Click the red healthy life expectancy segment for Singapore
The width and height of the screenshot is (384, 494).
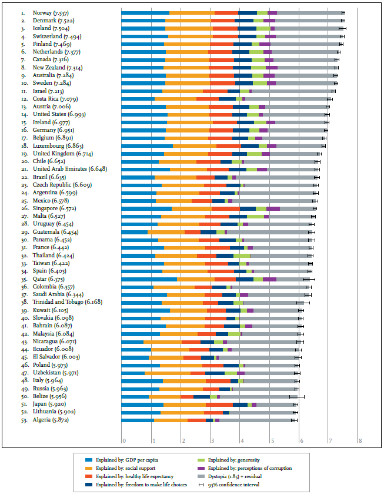pos(225,208)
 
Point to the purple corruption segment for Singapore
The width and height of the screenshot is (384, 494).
pos(273,208)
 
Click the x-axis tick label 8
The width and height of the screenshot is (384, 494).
pos(359,440)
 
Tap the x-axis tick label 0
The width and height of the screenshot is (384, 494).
pos(123,440)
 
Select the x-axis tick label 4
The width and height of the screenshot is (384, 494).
pos(241,440)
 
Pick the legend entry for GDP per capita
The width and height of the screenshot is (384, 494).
pos(128,458)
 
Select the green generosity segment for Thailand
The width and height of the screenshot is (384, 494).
pos(242,256)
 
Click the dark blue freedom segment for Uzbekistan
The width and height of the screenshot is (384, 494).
pos(215,372)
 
